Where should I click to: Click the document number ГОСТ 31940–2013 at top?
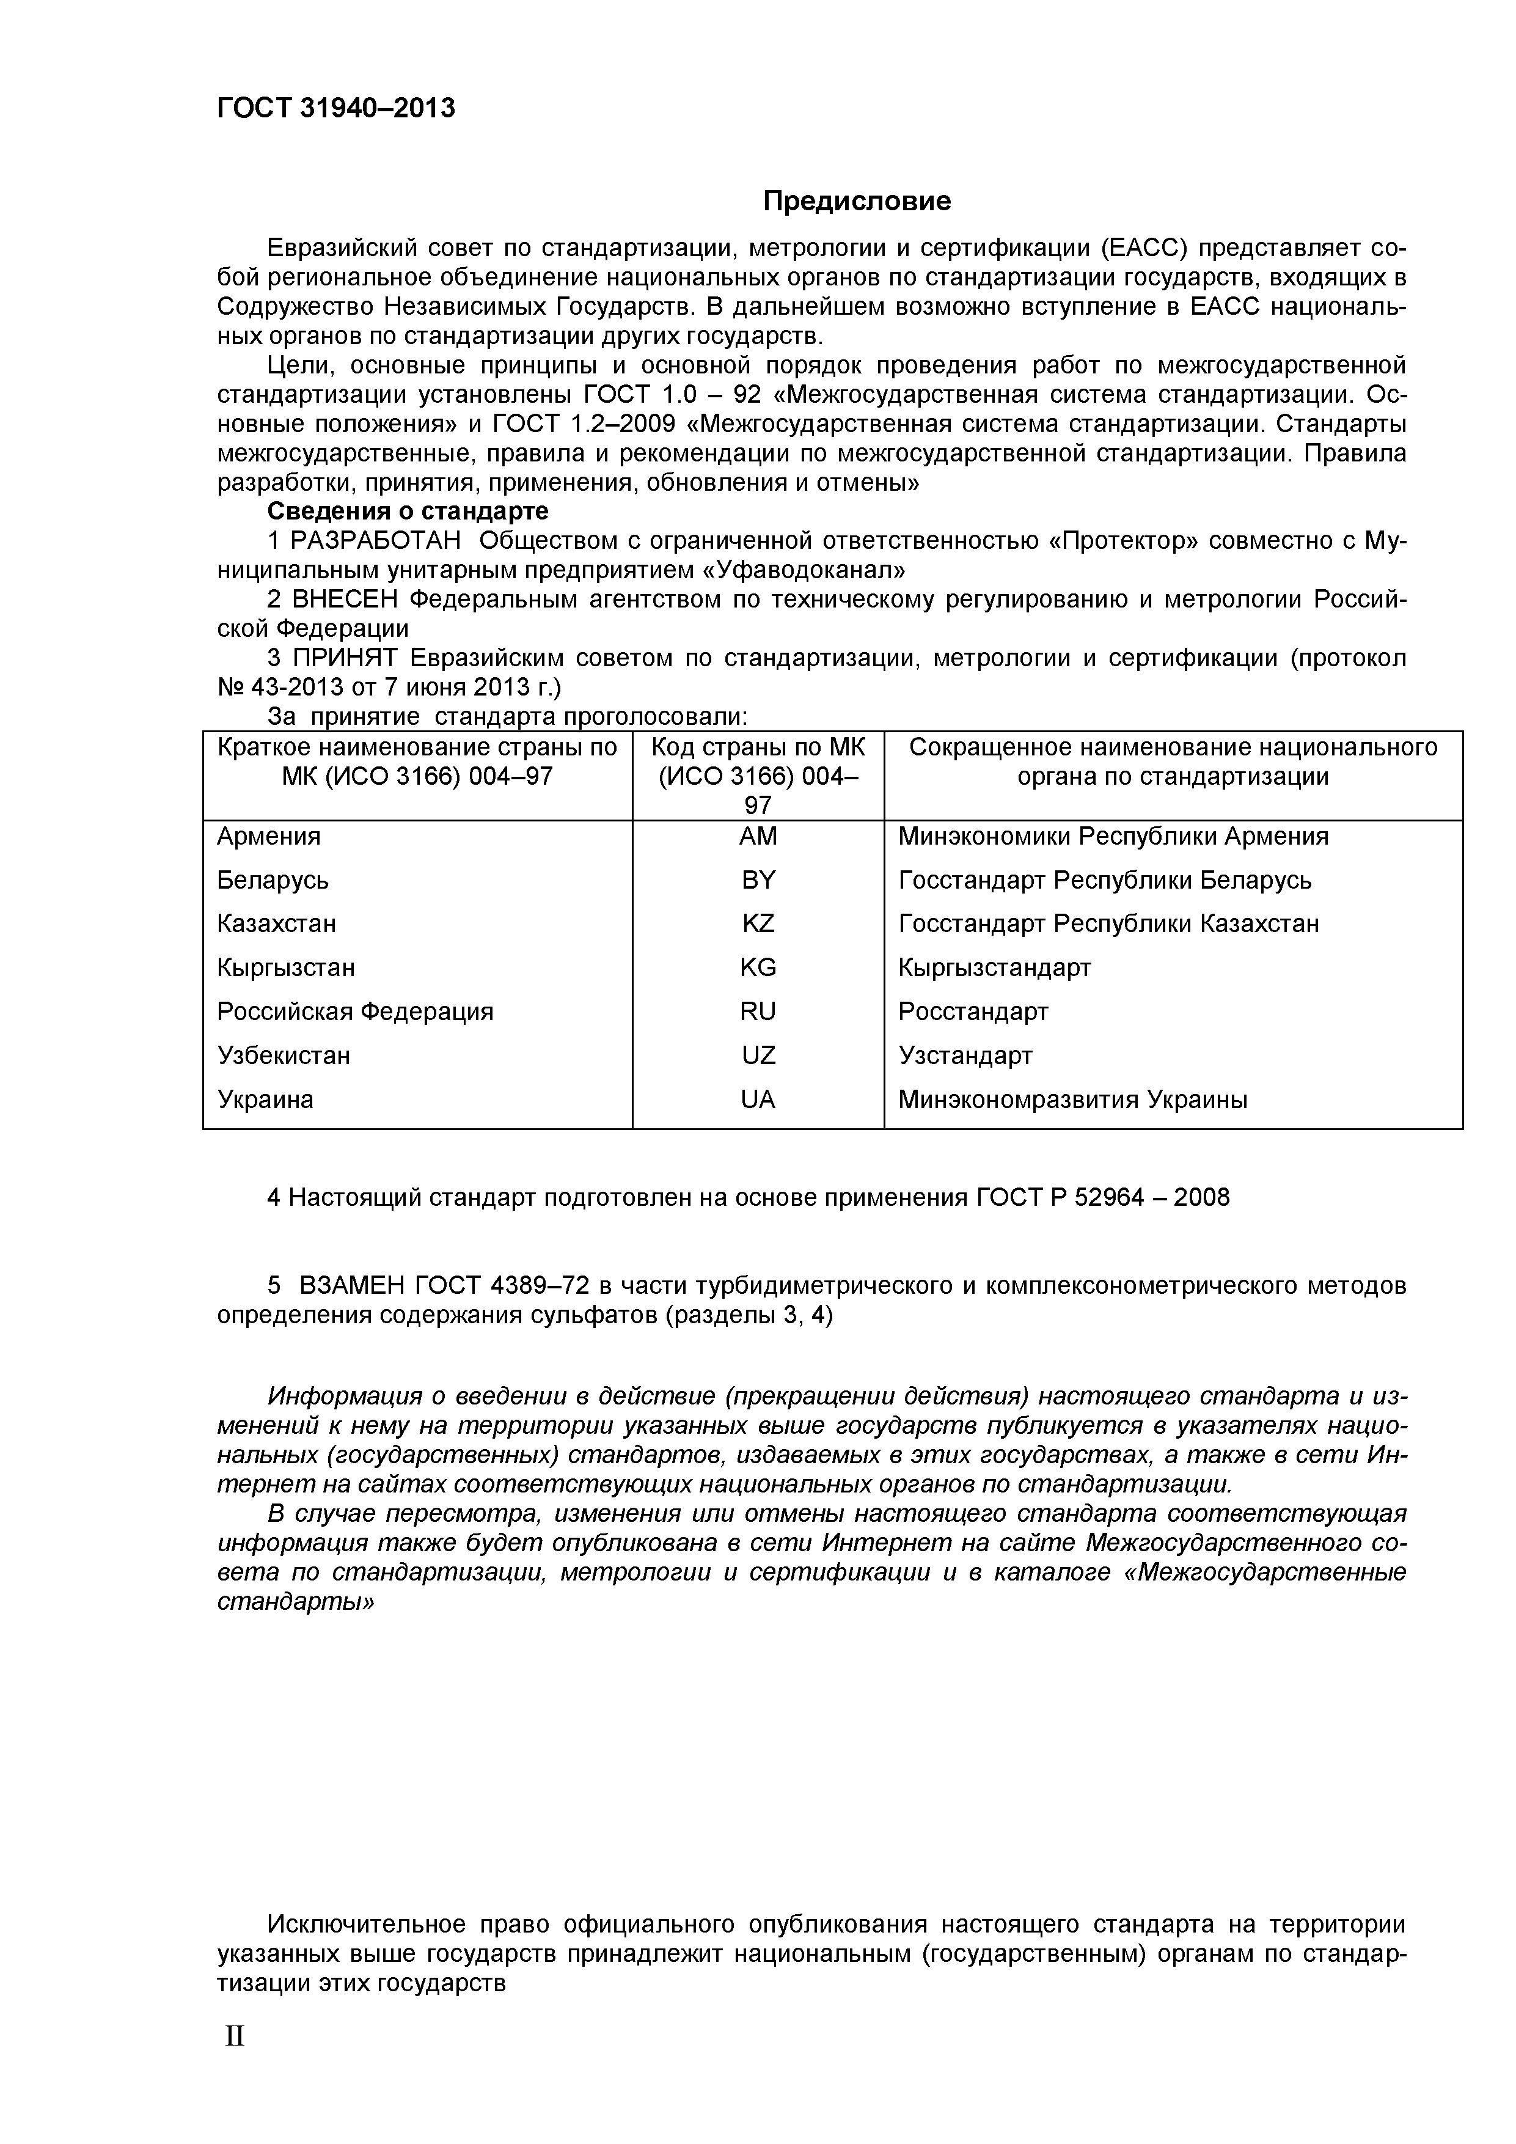(x=336, y=108)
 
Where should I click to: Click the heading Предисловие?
(x=857, y=200)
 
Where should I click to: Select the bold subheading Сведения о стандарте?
(x=408, y=512)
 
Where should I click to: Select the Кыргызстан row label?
(x=285, y=967)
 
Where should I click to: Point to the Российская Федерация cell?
(x=355, y=1011)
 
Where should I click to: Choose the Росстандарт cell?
(x=973, y=1011)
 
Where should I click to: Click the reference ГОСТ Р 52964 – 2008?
(x=1102, y=1198)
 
